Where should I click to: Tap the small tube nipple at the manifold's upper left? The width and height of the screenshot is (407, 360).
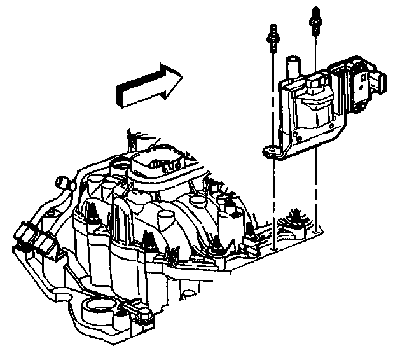click(x=64, y=182)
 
